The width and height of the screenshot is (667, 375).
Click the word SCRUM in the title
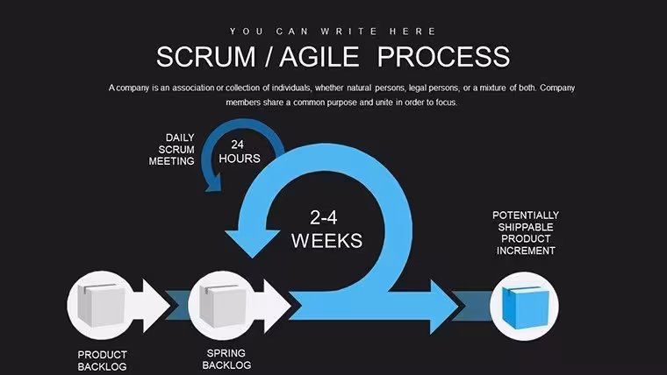tap(206, 57)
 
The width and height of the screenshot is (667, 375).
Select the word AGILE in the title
tap(319, 57)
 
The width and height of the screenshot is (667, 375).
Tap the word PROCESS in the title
tap(444, 57)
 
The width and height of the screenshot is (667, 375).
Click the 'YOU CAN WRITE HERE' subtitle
tap(333, 32)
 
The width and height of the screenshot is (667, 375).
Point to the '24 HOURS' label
tap(239, 152)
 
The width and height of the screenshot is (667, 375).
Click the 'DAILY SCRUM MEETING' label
tap(172, 150)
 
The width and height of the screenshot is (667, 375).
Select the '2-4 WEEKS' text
tap(326, 230)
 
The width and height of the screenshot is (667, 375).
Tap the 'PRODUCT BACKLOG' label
tap(102, 361)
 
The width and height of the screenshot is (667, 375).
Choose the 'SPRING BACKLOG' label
tap(226, 359)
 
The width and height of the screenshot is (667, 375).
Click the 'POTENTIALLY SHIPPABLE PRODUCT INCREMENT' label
tap(526, 233)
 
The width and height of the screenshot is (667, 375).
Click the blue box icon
tap(526, 307)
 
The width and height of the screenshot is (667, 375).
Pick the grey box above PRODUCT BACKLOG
tap(101, 305)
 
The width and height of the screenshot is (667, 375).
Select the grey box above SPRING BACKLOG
tap(223, 306)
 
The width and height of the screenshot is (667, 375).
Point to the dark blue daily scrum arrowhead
tap(213, 184)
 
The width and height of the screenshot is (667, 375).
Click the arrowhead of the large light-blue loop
tap(252, 243)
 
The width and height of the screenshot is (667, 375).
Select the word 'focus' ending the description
tap(446, 103)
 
